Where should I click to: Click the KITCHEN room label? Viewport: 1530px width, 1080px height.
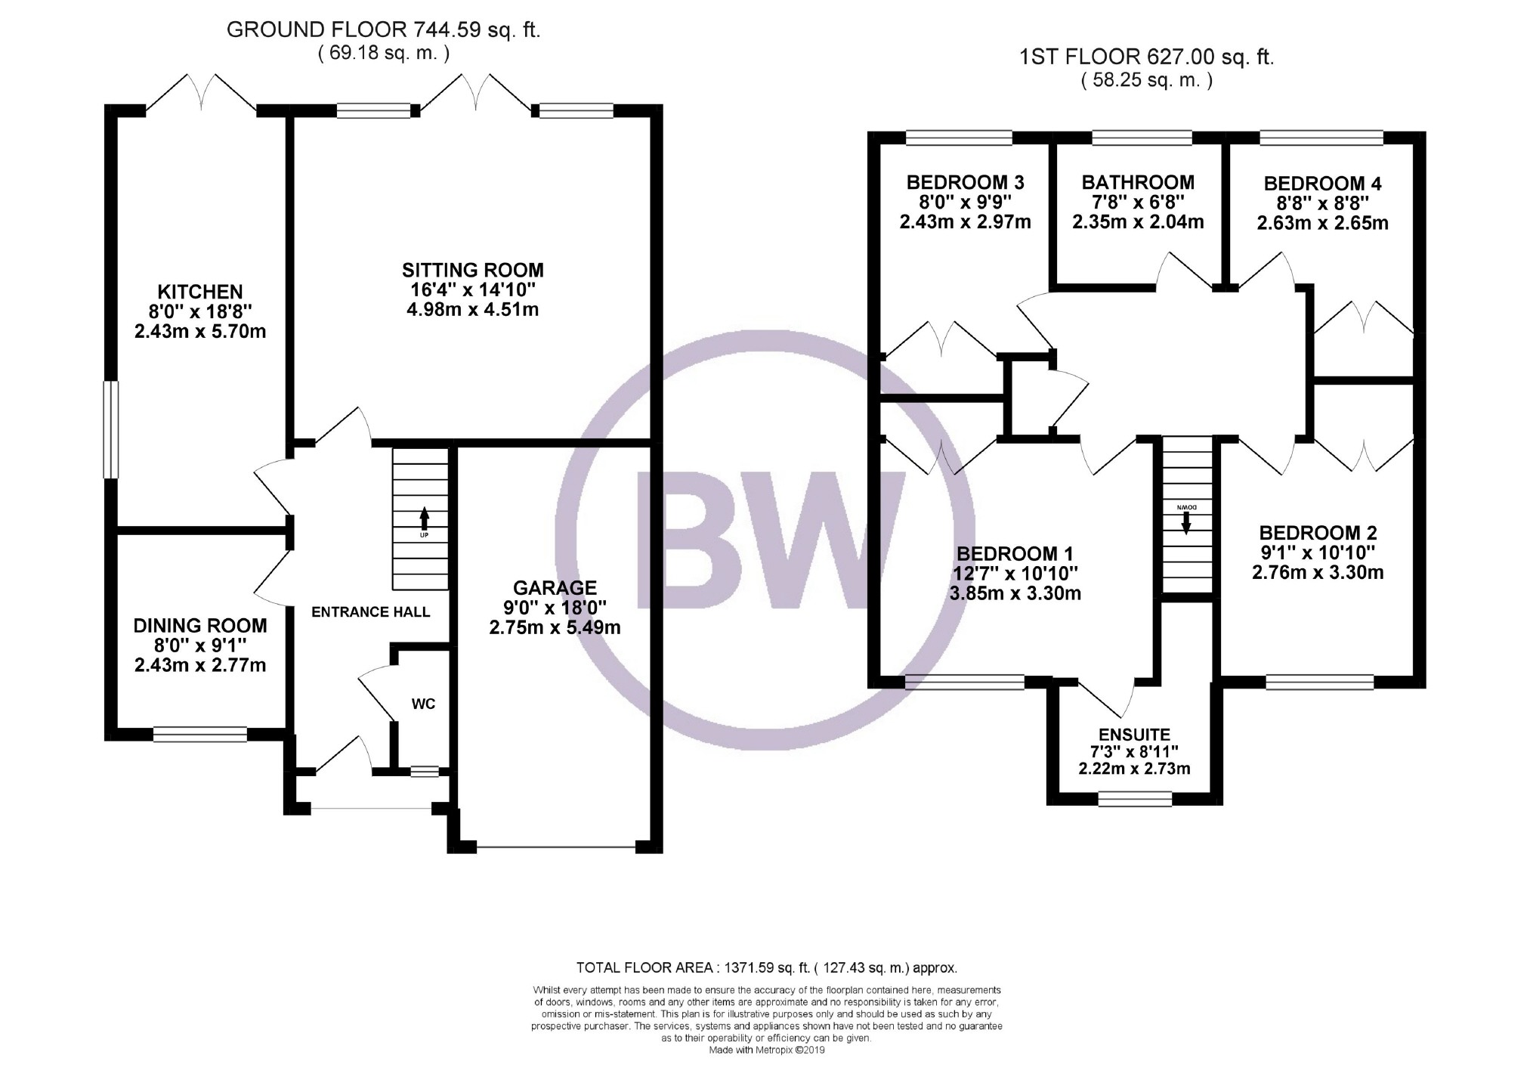pyautogui.click(x=200, y=292)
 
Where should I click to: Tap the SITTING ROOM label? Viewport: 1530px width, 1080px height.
pyautogui.click(x=472, y=270)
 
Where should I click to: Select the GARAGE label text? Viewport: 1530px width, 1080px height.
pyautogui.click(x=555, y=587)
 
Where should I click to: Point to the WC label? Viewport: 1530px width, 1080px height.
pyautogui.click(x=423, y=704)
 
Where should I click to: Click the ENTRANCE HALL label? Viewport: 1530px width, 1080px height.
pyautogui.click(x=370, y=612)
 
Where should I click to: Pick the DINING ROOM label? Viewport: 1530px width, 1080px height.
pyautogui.click(x=200, y=625)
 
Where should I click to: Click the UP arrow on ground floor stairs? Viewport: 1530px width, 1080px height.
pyautogui.click(x=424, y=518)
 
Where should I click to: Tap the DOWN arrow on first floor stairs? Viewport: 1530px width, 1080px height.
pyautogui.click(x=1185, y=521)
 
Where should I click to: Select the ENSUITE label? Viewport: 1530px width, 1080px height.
pyautogui.click(x=1134, y=734)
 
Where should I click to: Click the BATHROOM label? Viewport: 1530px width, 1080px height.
pyautogui.click(x=1138, y=182)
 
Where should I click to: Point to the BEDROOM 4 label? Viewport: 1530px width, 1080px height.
pyautogui.click(x=1322, y=184)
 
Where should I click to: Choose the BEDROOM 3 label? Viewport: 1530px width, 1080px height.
pyautogui.click(x=965, y=182)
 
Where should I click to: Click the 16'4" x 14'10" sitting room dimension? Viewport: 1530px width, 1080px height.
pyautogui.click(x=472, y=289)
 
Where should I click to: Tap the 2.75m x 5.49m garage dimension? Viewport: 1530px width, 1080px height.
pyautogui.click(x=555, y=627)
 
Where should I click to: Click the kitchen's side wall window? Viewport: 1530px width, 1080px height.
pyautogui.click(x=111, y=429)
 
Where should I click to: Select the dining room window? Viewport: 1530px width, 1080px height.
pyautogui.click(x=200, y=734)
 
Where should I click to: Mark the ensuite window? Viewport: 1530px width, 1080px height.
pyautogui.click(x=1134, y=799)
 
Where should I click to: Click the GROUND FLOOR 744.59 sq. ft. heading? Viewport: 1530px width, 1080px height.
pyautogui.click(x=384, y=30)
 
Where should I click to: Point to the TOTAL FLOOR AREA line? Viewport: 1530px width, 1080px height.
pyautogui.click(x=766, y=967)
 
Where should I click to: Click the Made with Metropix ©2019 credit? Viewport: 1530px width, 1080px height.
pyautogui.click(x=766, y=1050)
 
